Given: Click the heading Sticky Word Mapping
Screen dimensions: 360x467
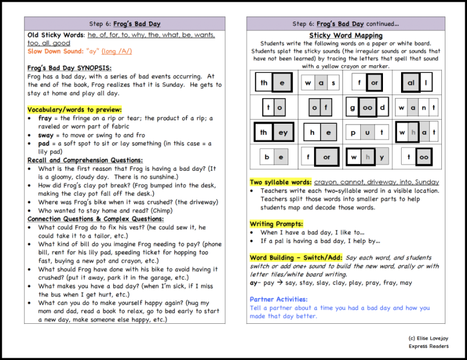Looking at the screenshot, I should [346, 36].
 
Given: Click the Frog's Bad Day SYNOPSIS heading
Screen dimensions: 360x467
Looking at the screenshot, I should [69, 68].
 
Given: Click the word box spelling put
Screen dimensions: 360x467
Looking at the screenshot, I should [367, 132].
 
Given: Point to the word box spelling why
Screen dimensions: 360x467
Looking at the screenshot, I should [367, 157].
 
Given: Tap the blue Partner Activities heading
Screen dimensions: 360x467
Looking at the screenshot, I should [278, 299].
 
